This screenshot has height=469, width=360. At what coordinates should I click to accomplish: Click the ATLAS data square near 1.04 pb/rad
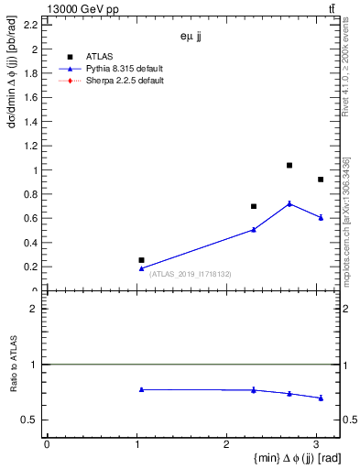pyautogui.click(x=289, y=166)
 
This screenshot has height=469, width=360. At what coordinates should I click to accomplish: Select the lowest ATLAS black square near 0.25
pyautogui.click(x=141, y=260)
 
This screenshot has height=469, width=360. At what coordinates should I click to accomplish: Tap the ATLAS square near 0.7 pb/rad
pyautogui.click(x=254, y=206)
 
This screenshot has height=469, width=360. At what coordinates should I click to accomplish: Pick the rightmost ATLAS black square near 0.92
pyautogui.click(x=320, y=180)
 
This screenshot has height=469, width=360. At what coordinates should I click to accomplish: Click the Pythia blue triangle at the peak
pyautogui.click(x=289, y=203)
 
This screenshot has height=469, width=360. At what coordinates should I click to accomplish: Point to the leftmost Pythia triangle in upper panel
pyautogui.click(x=141, y=268)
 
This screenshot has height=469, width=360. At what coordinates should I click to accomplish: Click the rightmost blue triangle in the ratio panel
pyautogui.click(x=320, y=398)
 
